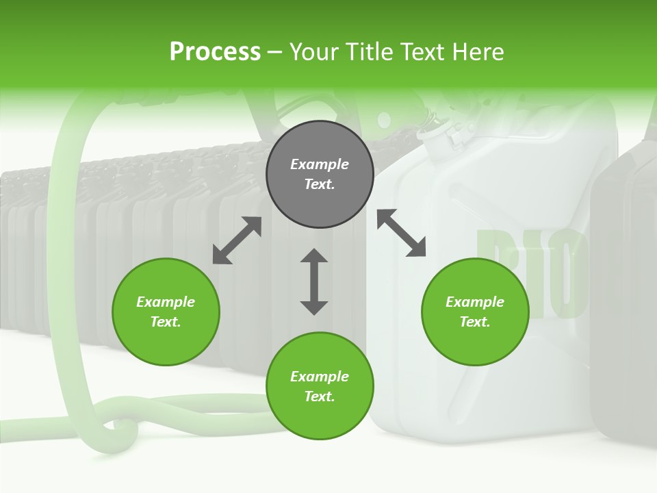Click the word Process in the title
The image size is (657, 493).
(x=215, y=52)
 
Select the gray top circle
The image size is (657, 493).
(x=320, y=174)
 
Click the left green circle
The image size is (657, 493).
(x=166, y=312)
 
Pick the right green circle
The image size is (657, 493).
(x=475, y=312)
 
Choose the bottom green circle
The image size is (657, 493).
(x=320, y=386)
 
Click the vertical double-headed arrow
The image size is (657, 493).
(x=314, y=281)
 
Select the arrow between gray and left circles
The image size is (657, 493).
(x=237, y=240)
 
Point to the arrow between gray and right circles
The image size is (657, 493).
(x=401, y=233)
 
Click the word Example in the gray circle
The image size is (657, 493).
(x=320, y=164)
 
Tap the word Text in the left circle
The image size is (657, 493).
(x=166, y=322)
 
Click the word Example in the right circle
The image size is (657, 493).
(x=475, y=302)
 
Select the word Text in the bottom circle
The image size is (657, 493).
(x=320, y=396)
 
